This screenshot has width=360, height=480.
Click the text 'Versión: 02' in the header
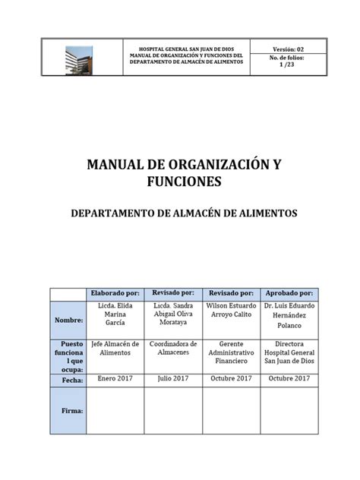tap(288, 48)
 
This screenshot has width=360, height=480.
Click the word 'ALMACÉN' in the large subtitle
tap(199, 213)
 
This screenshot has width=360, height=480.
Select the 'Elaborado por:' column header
tap(115, 293)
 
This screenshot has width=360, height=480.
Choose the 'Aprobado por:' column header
tap(289, 293)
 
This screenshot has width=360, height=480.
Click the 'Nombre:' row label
tap(68, 321)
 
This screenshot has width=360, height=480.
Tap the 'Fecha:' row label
tap(68, 379)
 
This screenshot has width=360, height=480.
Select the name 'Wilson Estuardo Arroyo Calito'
tap(231, 311)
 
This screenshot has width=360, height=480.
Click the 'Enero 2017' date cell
tap(115, 378)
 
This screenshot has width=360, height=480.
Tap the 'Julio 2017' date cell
tap(173, 378)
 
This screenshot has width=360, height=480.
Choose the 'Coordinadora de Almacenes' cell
tap(173, 348)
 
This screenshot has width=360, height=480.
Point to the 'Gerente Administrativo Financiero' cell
tap(231, 352)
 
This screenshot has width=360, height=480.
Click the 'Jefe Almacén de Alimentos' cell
tap(115, 348)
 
